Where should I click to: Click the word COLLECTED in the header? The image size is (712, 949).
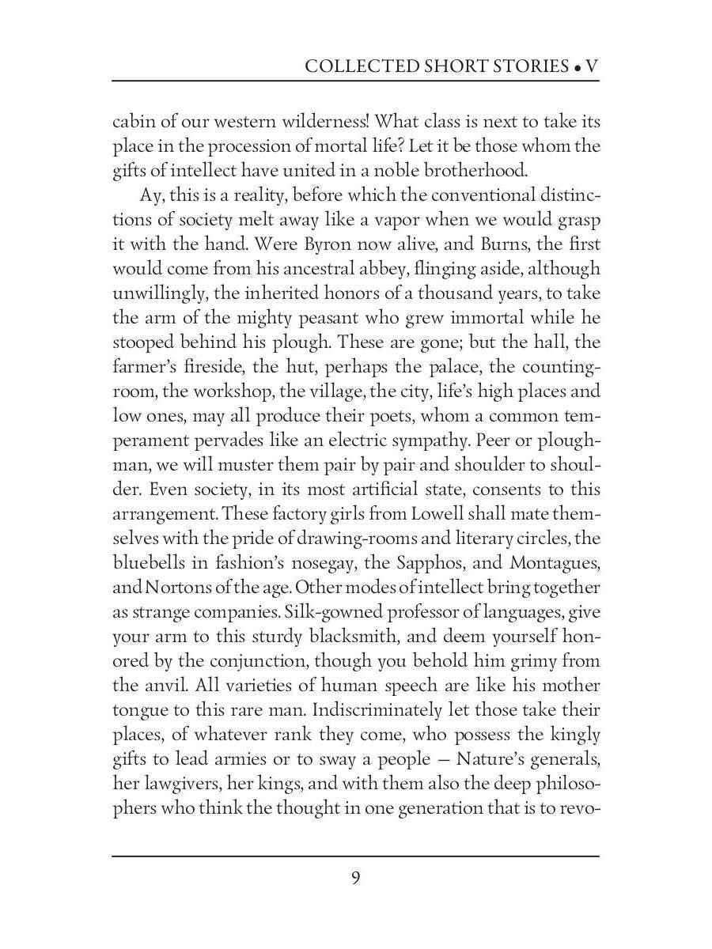click(x=353, y=66)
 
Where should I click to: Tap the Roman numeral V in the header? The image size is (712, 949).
click(x=592, y=66)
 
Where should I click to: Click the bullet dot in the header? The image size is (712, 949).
click(x=578, y=68)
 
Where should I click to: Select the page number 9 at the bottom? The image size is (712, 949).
click(x=356, y=878)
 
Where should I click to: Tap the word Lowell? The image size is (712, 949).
click(x=433, y=514)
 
